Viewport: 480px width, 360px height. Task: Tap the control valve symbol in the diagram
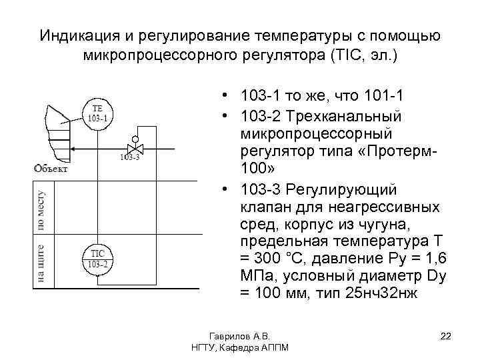135,147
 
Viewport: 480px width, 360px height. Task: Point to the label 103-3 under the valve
131,158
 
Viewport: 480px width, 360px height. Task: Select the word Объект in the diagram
51,169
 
